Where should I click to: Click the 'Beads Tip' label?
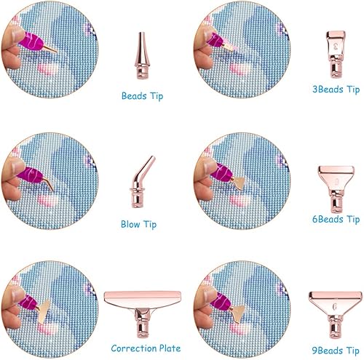(x=142, y=96)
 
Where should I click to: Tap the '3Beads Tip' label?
(x=336, y=89)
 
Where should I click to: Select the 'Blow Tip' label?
(x=138, y=224)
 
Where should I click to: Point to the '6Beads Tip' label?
(x=336, y=219)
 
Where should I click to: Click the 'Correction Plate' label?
(x=146, y=348)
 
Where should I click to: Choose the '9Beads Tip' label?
(x=336, y=351)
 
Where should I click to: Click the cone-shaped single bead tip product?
(x=141, y=55)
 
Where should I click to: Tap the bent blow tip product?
(x=141, y=182)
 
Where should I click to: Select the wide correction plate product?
(x=143, y=313)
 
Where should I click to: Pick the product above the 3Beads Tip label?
(x=336, y=54)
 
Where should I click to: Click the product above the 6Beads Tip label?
(x=336, y=189)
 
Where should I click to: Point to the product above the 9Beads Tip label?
(x=336, y=315)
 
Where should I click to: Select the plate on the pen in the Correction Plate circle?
(x=44, y=311)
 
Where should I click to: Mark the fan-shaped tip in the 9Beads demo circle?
(x=239, y=313)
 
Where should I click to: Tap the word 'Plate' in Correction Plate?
(x=170, y=348)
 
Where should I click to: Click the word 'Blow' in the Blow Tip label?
(x=130, y=224)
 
